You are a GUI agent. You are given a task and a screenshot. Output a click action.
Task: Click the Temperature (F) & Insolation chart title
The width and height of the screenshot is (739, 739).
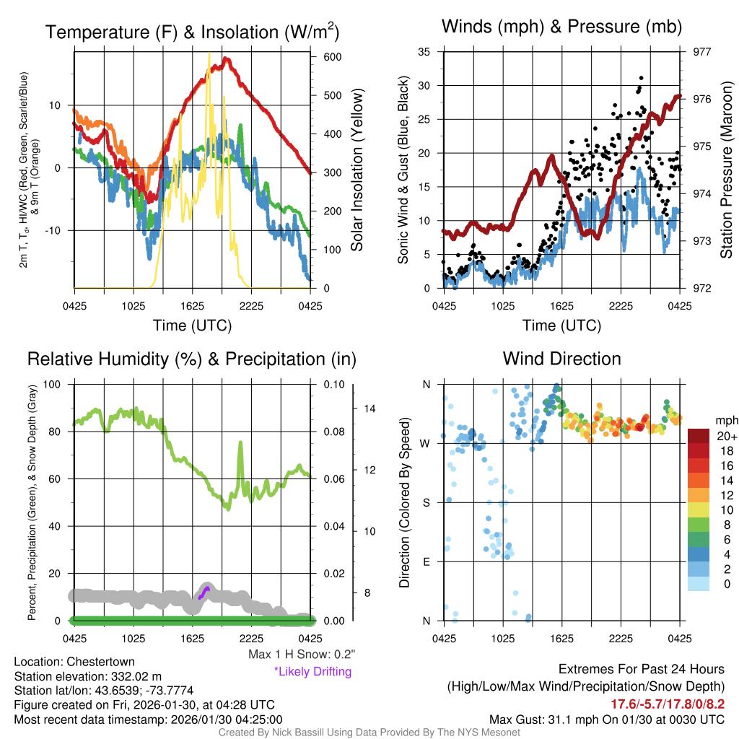click(193, 32)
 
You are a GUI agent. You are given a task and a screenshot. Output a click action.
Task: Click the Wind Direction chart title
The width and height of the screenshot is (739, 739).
click(561, 359)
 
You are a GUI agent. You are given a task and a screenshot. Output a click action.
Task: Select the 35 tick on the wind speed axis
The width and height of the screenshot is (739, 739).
click(424, 52)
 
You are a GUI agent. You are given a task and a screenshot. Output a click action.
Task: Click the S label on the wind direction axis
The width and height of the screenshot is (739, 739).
click(426, 502)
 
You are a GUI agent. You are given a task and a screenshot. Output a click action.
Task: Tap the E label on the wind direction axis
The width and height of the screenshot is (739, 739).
click(426, 561)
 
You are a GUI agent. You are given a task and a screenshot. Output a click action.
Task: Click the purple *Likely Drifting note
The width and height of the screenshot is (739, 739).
click(312, 671)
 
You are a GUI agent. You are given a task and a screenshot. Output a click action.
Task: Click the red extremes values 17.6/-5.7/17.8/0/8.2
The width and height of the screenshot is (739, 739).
click(668, 704)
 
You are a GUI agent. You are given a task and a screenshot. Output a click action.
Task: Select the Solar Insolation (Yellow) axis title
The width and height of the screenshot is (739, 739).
click(357, 170)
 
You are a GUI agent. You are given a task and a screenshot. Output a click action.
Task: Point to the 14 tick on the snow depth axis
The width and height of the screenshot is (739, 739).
click(370, 408)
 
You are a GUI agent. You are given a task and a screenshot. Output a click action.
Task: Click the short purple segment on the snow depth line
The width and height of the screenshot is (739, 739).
click(204, 592)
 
